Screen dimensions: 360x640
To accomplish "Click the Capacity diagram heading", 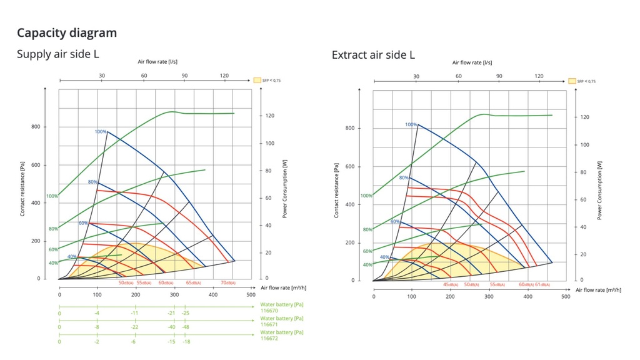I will (x=67, y=33).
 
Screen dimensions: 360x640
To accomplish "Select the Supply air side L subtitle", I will (x=57, y=54).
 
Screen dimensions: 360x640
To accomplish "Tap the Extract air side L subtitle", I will (x=373, y=55).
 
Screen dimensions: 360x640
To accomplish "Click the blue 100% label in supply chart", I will (x=101, y=131).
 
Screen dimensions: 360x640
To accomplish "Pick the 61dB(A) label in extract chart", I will (x=543, y=285).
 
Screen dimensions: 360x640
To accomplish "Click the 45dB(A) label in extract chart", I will (x=450, y=285).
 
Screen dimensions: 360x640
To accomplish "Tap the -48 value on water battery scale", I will (x=186, y=327).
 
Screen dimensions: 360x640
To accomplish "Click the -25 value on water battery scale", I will (x=186, y=312).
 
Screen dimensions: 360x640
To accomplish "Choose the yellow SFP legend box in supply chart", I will (x=257, y=81).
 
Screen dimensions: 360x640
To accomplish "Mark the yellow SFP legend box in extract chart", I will (x=572, y=81).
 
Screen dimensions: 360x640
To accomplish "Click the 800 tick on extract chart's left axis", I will (x=350, y=129).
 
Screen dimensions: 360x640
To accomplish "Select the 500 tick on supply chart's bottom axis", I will (x=251, y=294).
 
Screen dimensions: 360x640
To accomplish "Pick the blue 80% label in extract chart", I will (x=404, y=178).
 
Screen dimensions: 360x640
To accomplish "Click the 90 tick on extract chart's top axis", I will (x=499, y=76).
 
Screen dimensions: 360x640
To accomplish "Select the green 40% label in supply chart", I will (x=54, y=263).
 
